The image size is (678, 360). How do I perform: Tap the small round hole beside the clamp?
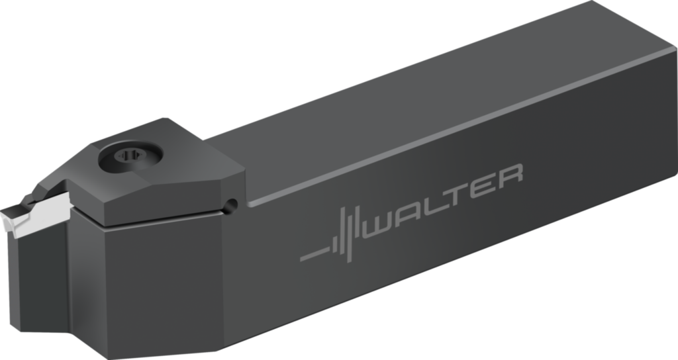click(x=230, y=206)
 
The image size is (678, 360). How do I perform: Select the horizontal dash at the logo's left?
click(x=313, y=253)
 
